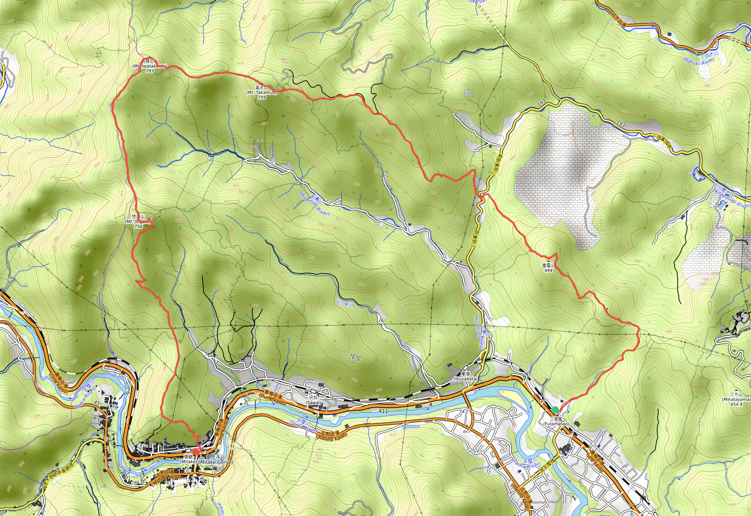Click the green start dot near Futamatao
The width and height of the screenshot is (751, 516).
coord(555,410)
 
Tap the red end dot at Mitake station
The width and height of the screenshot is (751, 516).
coord(196,451)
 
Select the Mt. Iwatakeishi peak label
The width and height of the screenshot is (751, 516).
coord(149,66)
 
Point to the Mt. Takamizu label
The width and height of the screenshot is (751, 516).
coord(262,92)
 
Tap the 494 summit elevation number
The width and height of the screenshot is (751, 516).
coord(548,271)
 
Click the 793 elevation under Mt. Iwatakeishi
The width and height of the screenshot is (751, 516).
coord(149,71)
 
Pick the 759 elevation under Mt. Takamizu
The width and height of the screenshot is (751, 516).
coord(262,98)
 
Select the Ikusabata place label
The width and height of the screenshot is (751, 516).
coord(465,379)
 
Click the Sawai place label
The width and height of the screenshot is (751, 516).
coord(314,402)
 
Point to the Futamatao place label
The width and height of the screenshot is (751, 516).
coord(556,424)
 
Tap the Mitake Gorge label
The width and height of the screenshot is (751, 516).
coord(215,462)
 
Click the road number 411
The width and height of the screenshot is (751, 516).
coord(383,411)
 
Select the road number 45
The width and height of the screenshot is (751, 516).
coord(97,403)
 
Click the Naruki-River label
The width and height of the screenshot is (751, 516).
coord(698,61)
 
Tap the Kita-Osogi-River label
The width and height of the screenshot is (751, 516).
coord(731,202)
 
